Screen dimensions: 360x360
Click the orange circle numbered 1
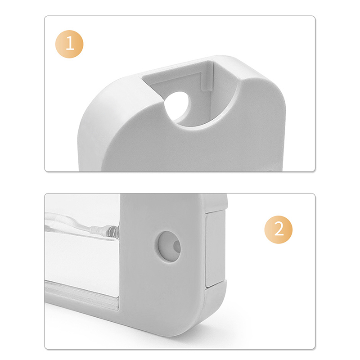[x=69, y=44]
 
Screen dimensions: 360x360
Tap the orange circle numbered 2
[x=279, y=229]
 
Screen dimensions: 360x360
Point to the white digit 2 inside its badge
[x=279, y=229]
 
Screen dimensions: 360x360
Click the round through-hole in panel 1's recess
[x=177, y=106]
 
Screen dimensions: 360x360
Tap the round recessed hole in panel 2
[x=169, y=246]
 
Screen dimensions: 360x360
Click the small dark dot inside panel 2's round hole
[x=177, y=247]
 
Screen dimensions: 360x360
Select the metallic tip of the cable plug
[x=113, y=231]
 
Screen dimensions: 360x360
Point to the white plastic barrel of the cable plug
[x=98, y=229]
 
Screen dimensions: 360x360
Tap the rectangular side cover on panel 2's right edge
[x=216, y=249]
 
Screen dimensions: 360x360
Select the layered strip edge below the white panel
[x=81, y=296]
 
